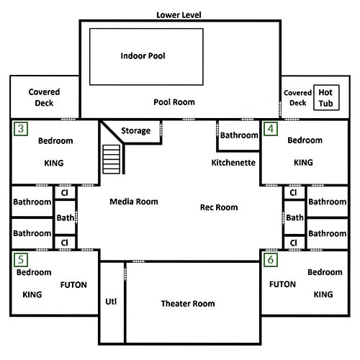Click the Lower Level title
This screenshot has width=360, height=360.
point(179,15)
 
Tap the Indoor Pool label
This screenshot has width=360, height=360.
point(143,56)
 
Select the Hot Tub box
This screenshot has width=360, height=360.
point(326,98)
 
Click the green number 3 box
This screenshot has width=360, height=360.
point(21,129)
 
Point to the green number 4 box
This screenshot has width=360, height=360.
point(271,129)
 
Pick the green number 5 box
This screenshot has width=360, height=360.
point(21,260)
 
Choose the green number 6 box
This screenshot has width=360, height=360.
point(271,260)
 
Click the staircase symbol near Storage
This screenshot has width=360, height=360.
point(112,159)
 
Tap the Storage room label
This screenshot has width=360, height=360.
point(136,131)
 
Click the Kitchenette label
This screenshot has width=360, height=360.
point(233,163)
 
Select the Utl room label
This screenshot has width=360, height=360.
point(111,302)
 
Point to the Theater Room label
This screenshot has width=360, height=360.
point(188,304)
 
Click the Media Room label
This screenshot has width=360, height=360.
point(134,202)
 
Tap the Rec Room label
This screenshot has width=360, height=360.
point(219,207)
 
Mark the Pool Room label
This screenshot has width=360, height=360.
point(174,102)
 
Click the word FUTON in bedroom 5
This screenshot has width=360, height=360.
point(73,285)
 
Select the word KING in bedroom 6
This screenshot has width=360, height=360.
point(323,294)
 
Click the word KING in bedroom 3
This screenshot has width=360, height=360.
point(54,163)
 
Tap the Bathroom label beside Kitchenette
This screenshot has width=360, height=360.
point(239,135)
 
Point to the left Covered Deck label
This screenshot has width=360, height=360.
point(44,97)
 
